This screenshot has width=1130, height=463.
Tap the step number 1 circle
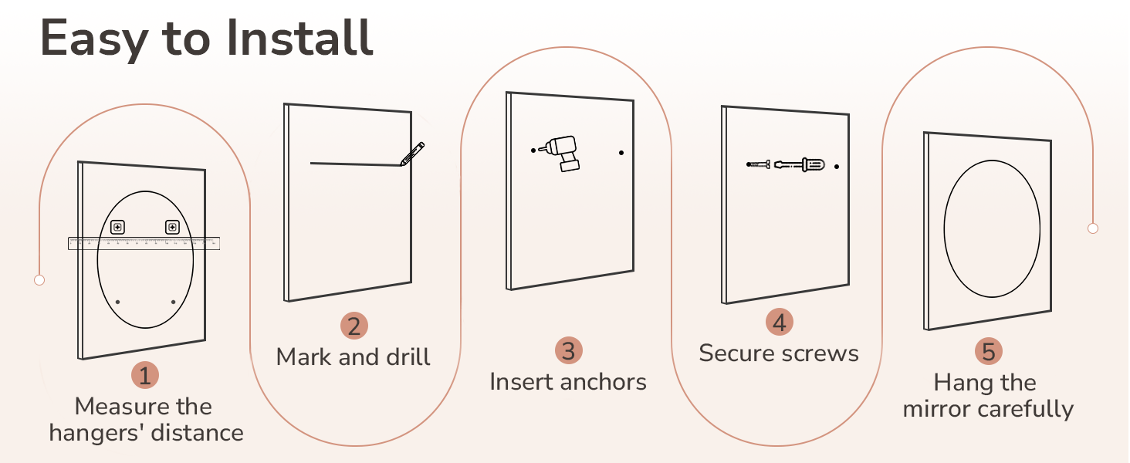coord(144,376)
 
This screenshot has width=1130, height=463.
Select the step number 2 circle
coord(354,326)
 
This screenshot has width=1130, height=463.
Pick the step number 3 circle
coord(568,351)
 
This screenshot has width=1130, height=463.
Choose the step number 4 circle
coord(779,322)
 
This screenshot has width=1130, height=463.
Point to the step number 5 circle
coord(989,352)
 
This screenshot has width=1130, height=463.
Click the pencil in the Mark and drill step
coord(412,153)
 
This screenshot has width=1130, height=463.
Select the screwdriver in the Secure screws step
coord(800,164)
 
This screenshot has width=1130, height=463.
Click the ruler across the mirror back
coord(144,243)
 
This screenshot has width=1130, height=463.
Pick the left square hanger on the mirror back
coord(117,227)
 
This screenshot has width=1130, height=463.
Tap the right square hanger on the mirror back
coord(172,227)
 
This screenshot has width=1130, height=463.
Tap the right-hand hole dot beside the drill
coord(621,153)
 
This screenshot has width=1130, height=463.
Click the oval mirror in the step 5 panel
coord(992,228)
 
